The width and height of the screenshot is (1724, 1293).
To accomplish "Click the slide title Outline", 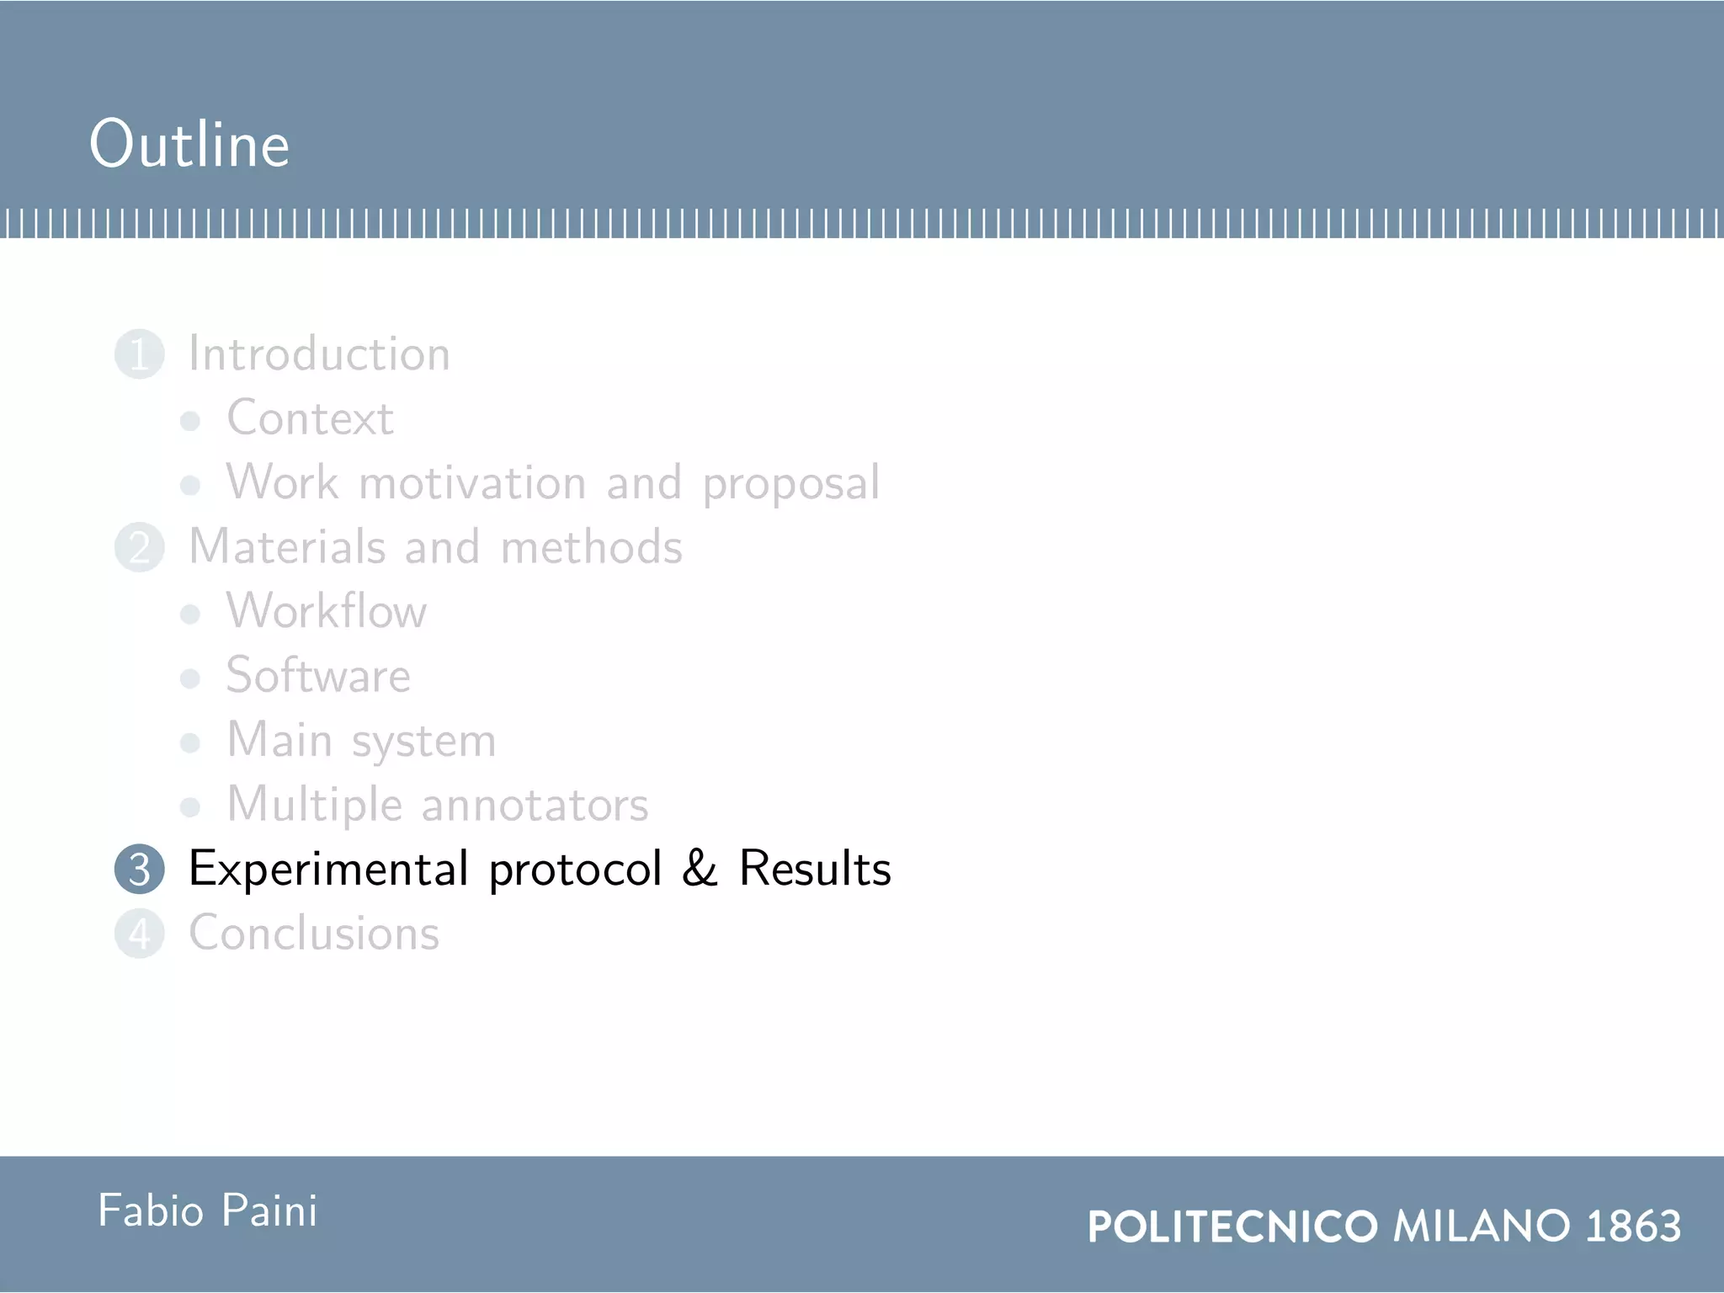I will pyautogui.click(x=189, y=144).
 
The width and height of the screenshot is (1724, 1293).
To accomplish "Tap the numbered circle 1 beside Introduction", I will pyautogui.click(x=139, y=354).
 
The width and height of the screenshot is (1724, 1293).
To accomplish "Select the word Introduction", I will pyautogui.click(x=319, y=354).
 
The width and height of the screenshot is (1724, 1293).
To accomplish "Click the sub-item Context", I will pyautogui.click(x=310, y=418).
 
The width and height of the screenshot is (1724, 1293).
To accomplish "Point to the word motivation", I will pyautogui.click(x=472, y=483).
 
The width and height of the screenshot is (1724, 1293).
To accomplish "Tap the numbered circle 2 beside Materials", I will pyautogui.click(x=139, y=548).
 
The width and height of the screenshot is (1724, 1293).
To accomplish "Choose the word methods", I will pyautogui.click(x=591, y=547).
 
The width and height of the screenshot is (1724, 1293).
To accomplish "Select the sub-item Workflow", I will pyautogui.click(x=327, y=611).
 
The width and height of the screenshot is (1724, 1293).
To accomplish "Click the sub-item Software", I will pyautogui.click(x=318, y=676).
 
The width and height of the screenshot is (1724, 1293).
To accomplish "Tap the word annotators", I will pyautogui.click(x=535, y=806).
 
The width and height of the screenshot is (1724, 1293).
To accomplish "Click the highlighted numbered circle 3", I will pyautogui.click(x=139, y=870).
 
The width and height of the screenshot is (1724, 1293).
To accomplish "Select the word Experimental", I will pyautogui.click(x=328, y=870).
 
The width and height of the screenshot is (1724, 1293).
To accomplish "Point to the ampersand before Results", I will pyautogui.click(x=699, y=869).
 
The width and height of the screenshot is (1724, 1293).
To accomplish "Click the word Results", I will pyautogui.click(x=814, y=869).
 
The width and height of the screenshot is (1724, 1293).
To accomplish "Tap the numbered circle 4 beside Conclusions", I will pyautogui.click(x=139, y=934).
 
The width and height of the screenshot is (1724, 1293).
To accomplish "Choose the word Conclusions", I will pyautogui.click(x=314, y=934).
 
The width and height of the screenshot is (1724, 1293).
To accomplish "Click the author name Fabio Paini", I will pyautogui.click(x=208, y=1212).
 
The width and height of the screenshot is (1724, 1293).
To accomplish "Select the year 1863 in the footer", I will pyautogui.click(x=1632, y=1226).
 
